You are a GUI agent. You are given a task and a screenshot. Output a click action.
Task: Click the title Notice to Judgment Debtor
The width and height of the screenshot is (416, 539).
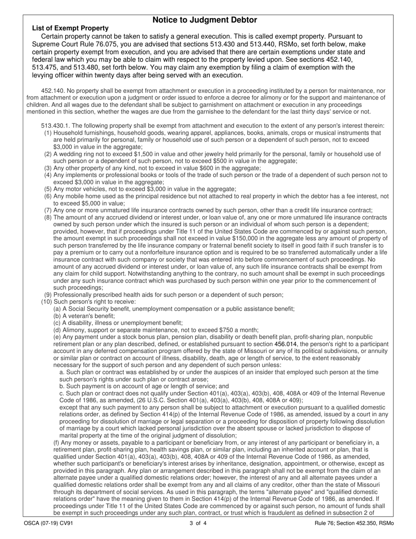coord(204,20)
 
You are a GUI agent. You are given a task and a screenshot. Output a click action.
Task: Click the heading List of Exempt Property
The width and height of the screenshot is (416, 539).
coord(70,28)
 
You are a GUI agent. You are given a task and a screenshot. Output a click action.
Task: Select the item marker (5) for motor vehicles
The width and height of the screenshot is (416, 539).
coord(48,189)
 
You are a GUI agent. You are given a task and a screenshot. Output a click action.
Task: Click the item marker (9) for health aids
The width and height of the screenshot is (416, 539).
coord(48,295)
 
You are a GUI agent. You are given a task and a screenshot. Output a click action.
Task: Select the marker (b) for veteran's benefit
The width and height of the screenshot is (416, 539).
coord(57,316)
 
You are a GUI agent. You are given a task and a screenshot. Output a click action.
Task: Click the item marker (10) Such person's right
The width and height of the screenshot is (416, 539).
coord(46,302)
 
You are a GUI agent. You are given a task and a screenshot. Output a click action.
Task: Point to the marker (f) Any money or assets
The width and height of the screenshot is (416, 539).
coord(56,443)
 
